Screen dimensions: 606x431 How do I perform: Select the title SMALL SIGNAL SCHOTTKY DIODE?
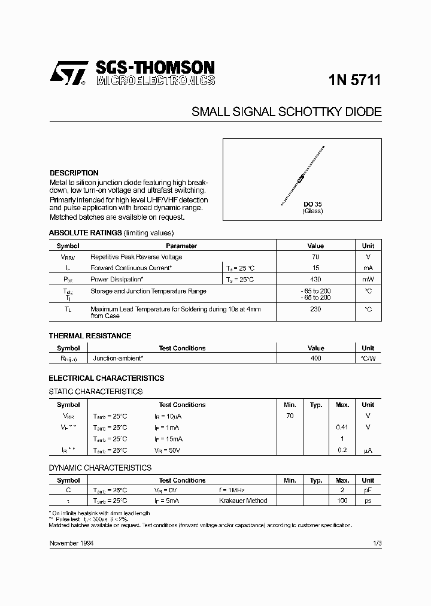286,113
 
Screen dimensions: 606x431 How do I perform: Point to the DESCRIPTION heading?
74,173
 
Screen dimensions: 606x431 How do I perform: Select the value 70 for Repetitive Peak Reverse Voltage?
315,257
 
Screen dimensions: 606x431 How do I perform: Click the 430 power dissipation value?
315,280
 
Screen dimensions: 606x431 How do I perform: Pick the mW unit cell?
368,280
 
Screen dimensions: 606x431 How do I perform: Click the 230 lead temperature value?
315,309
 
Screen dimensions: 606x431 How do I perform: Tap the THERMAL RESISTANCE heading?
90,336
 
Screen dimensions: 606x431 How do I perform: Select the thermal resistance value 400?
315,358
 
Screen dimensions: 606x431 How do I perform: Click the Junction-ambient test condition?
118,358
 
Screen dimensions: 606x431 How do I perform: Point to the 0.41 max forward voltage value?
342,428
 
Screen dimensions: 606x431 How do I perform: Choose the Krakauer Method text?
243,501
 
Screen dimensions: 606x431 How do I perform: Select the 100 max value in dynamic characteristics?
342,501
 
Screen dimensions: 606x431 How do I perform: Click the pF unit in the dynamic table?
368,490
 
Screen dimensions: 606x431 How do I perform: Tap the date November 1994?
71,543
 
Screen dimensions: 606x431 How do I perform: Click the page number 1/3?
377,543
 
